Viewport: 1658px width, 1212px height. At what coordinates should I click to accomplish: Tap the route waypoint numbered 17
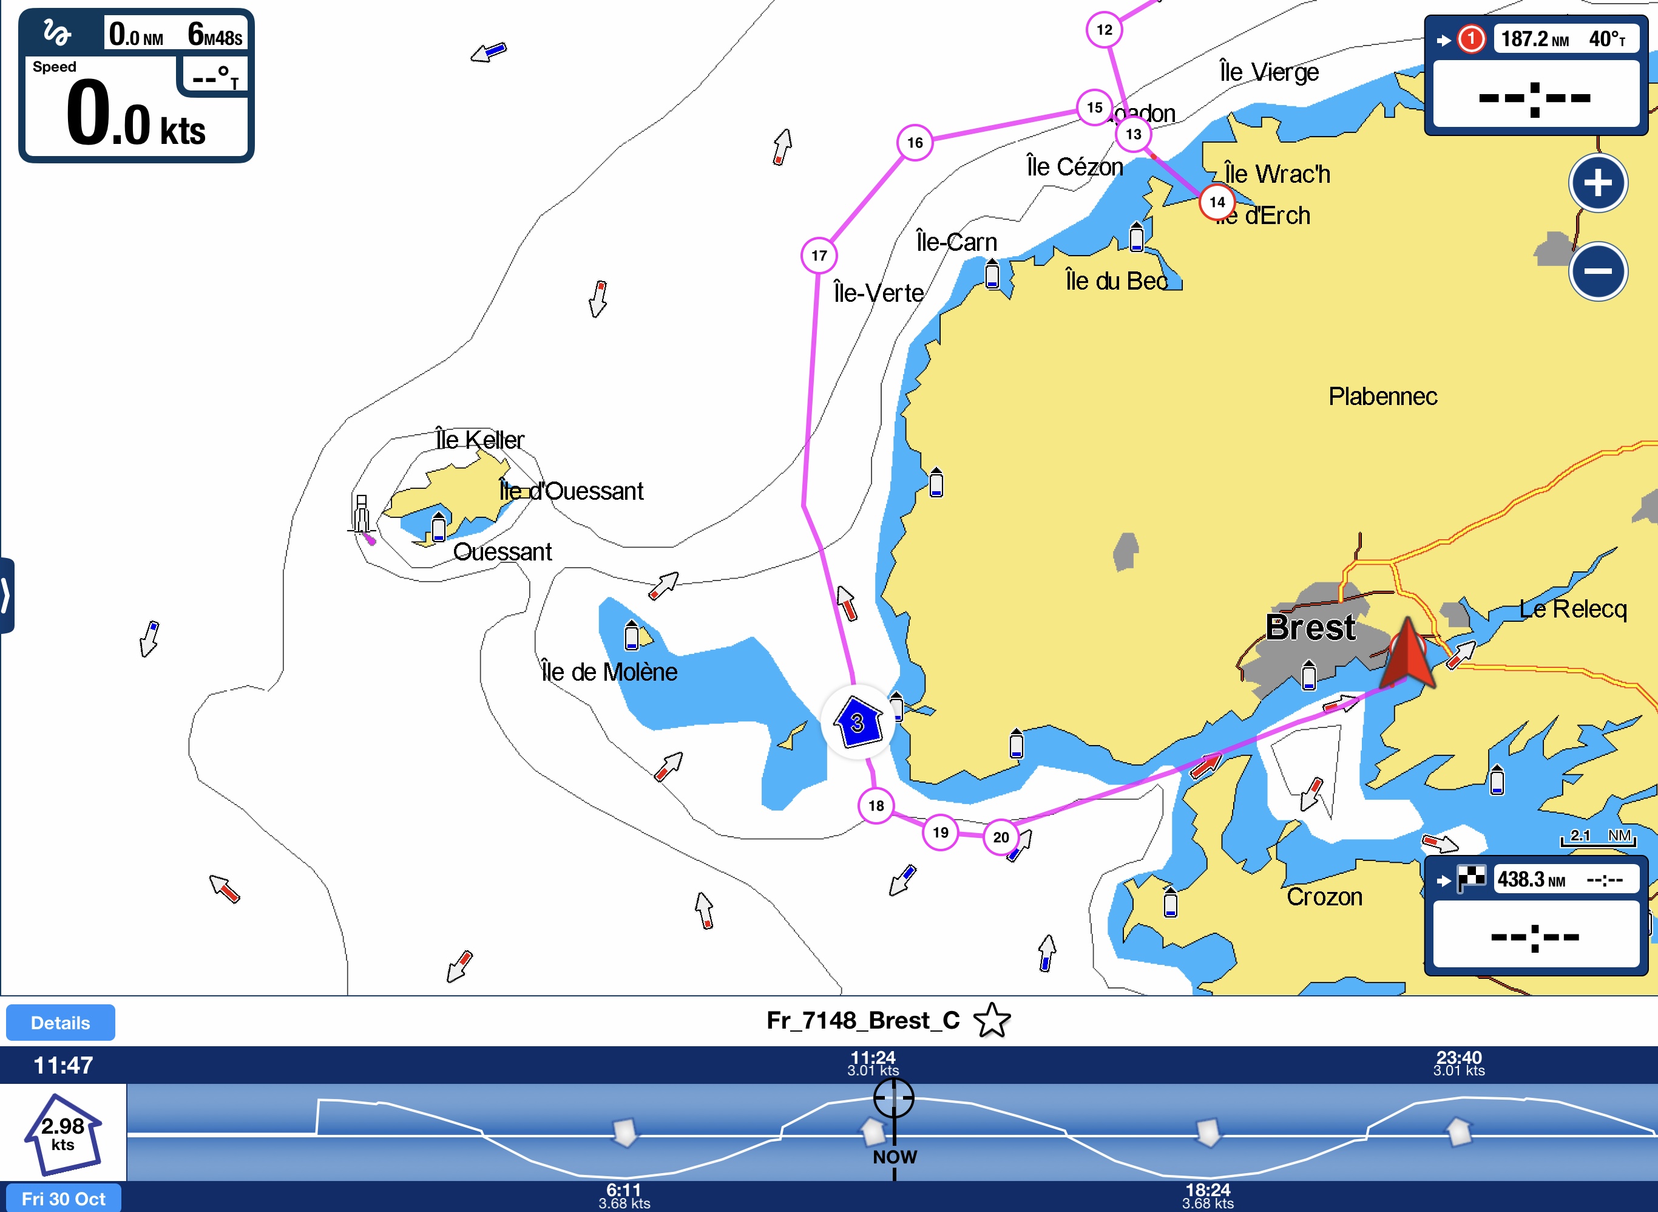coord(819,255)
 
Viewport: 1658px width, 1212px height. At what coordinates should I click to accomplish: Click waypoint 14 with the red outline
coord(1217,202)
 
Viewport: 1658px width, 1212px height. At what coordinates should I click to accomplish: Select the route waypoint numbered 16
coord(915,142)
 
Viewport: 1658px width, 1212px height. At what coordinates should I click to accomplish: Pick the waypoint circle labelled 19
coord(940,832)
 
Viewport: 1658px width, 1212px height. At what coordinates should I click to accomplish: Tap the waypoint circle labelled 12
coord(1105,30)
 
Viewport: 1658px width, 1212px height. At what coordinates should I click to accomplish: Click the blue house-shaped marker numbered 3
coord(858,723)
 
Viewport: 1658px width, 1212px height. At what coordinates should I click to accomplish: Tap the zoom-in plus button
coord(1598,183)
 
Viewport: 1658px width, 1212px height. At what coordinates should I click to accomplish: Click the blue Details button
coord(60,1023)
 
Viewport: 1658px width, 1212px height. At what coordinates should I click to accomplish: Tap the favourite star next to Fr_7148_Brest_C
coord(992,1020)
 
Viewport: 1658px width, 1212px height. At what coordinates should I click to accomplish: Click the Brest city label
coord(1310,628)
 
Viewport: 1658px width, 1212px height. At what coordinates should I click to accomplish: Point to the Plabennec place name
coord(1382,396)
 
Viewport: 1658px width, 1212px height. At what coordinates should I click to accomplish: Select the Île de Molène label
coord(609,672)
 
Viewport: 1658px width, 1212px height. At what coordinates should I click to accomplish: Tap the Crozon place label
coord(1324,896)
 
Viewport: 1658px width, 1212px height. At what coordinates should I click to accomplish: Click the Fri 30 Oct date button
coord(63,1199)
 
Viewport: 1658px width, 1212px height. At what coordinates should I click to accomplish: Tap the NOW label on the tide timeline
coord(895,1157)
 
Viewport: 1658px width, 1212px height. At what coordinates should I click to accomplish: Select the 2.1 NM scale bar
coord(1599,837)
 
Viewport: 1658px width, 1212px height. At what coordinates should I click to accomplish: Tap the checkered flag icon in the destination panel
coord(1470,879)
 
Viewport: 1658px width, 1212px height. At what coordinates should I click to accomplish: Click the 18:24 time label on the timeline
coord(1208,1190)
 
